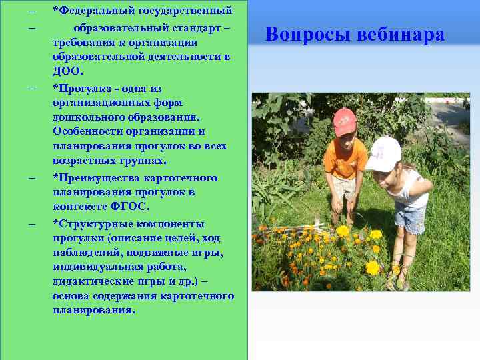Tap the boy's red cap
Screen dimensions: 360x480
345,121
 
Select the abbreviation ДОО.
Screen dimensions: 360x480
67,71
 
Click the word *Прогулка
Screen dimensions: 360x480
82,88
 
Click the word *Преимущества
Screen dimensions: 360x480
92,177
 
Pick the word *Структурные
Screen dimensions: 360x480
89,223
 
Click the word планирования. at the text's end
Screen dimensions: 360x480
93,310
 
